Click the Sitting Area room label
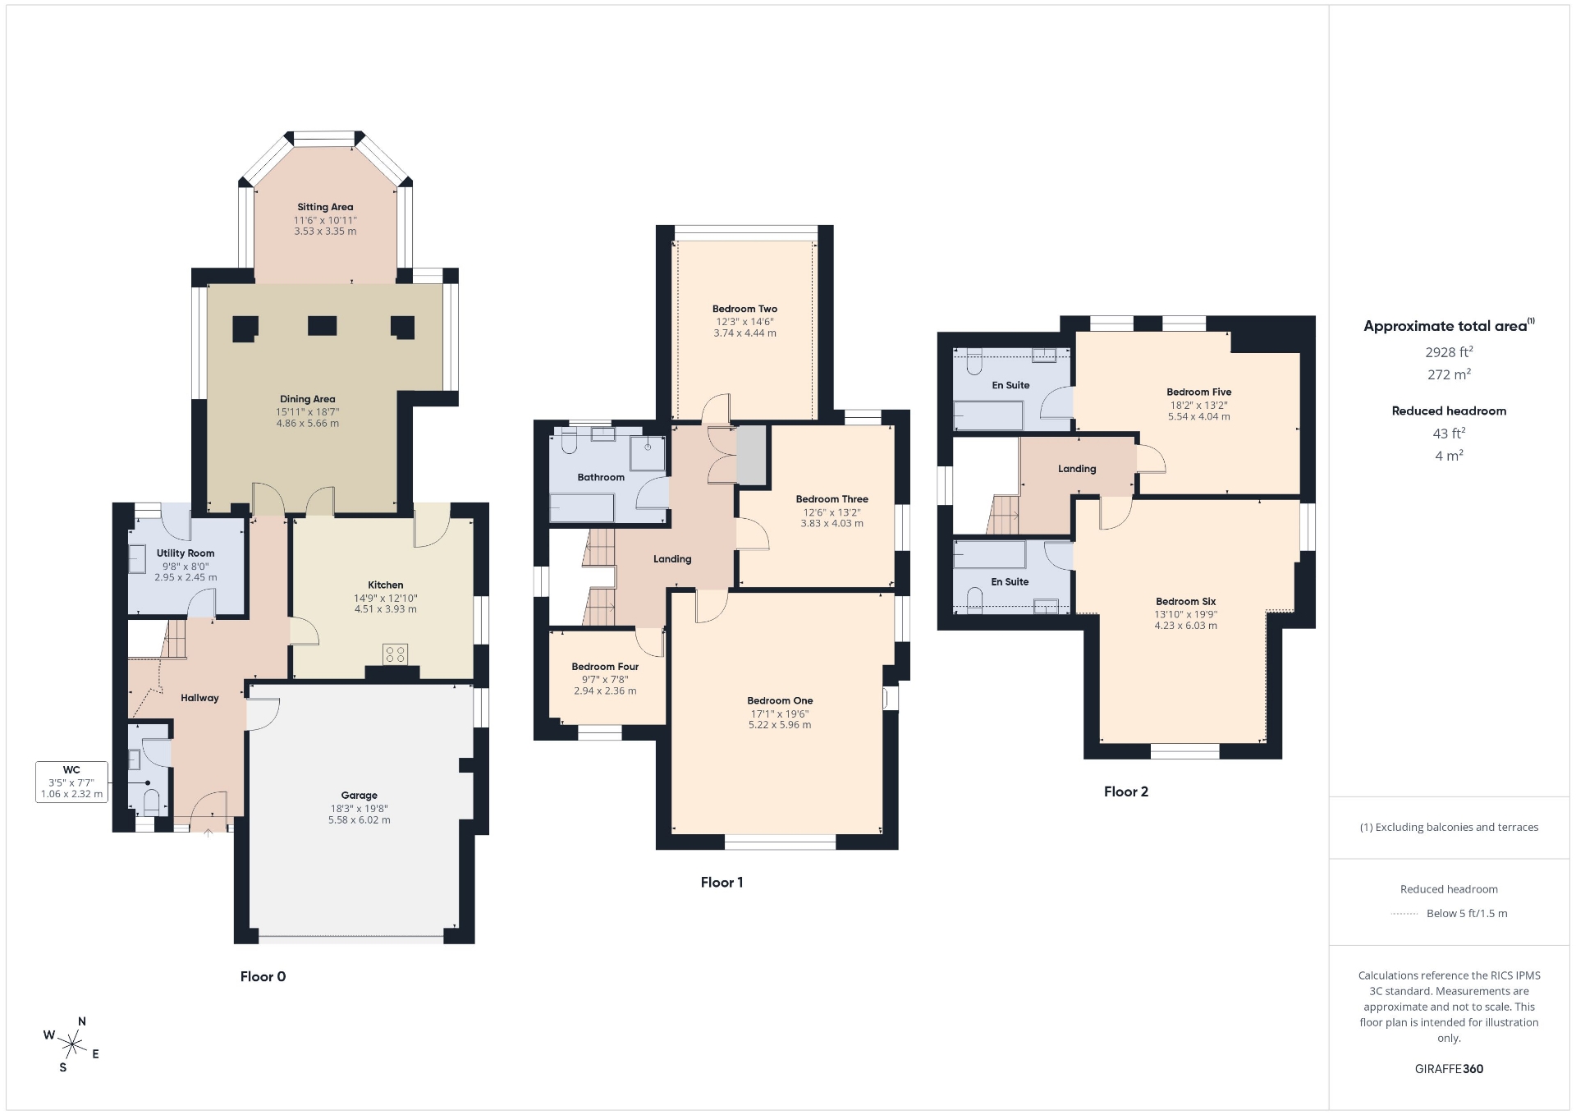coord(325,207)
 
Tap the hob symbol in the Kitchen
coord(395,654)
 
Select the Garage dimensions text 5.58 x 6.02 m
coord(360,819)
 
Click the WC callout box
coord(71,782)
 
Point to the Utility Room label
coord(186,553)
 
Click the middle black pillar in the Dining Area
coord(323,326)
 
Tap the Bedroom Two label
coord(744,310)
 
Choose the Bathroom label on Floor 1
coord(601,477)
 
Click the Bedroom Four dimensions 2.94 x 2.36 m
coord(605,691)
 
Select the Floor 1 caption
coord(722,883)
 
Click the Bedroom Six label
coord(1186,602)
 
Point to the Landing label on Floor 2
coord(1077,469)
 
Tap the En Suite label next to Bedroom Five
coord(1010,385)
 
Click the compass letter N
coord(82,1021)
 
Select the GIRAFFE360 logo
coord(1449,1069)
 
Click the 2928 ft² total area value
coord(1449,351)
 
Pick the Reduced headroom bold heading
coord(1449,411)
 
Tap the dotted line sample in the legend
coord(1404,914)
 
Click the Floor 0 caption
coord(263,977)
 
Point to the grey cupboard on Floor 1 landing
coord(751,455)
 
